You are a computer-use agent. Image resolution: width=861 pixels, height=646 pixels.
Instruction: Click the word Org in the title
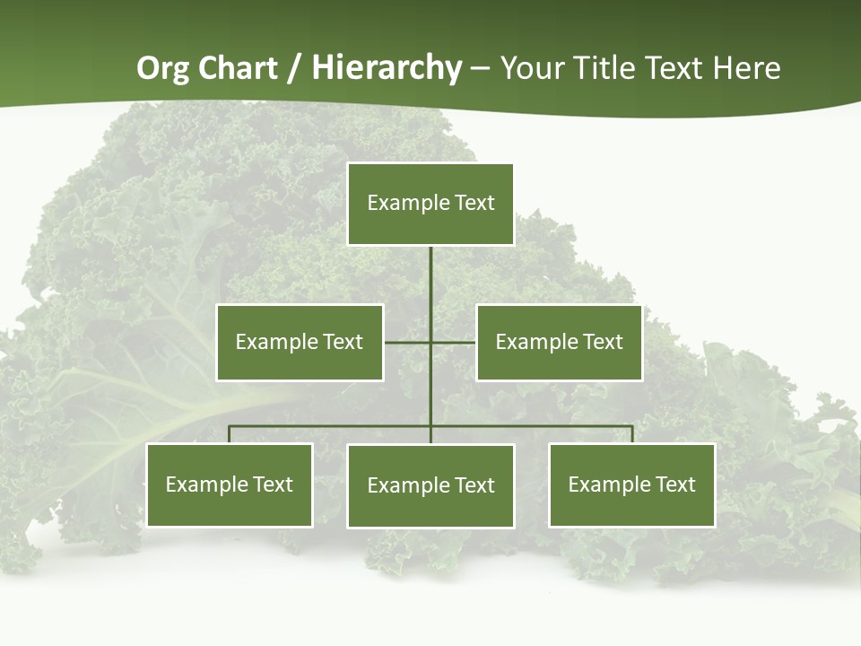pyautogui.click(x=161, y=68)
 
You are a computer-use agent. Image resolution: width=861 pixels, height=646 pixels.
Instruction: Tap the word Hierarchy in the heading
pyautogui.click(x=387, y=68)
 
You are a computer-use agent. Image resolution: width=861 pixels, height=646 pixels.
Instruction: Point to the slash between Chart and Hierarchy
pyautogui.click(x=293, y=68)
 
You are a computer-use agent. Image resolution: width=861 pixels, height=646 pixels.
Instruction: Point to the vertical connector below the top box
pyautogui.click(x=430, y=278)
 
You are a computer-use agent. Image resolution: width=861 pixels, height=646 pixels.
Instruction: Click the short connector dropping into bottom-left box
pyautogui.click(x=230, y=434)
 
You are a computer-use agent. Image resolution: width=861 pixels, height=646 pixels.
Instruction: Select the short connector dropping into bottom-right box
pyautogui.click(x=631, y=434)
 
